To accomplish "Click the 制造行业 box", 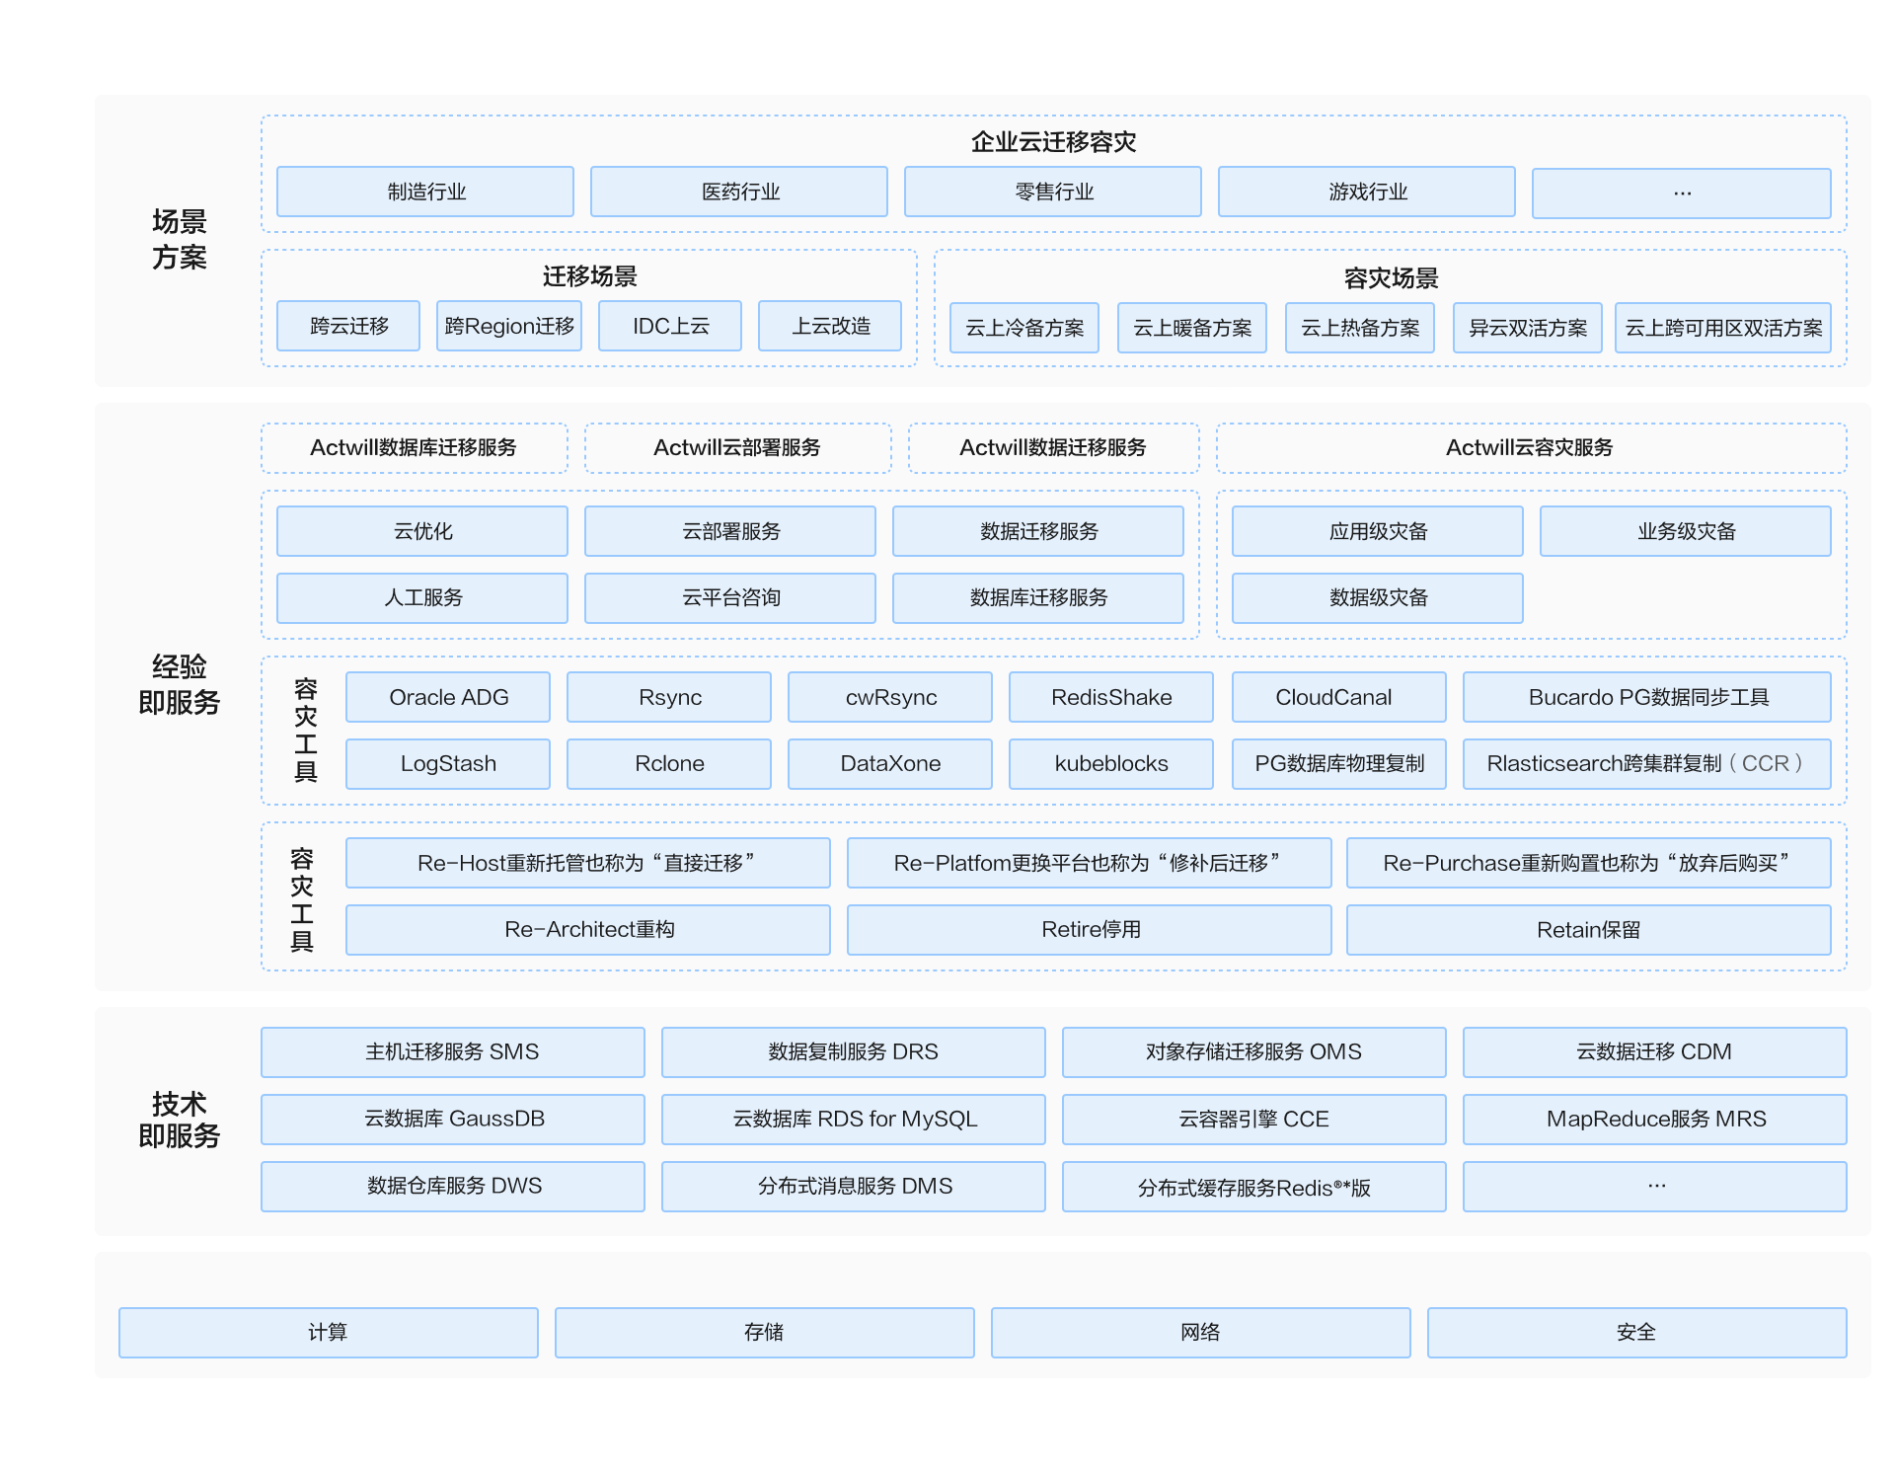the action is (x=425, y=192).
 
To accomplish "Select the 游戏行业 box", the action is (x=1367, y=192).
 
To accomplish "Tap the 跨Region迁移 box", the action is (x=509, y=326).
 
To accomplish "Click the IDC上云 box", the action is (x=670, y=326).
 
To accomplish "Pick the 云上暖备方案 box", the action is (x=1192, y=328).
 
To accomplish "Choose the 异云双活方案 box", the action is (x=1528, y=328).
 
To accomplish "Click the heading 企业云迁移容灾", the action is (x=1053, y=142).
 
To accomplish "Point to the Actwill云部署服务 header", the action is (x=737, y=448).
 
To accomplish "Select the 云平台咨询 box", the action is (x=730, y=598).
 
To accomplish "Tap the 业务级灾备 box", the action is (x=1686, y=531).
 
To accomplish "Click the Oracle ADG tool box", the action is (x=448, y=697).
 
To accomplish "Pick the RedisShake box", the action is (x=1111, y=697).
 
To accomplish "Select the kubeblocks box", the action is (x=1111, y=764).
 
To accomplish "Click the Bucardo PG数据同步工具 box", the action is (x=1647, y=697).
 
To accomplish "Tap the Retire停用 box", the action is (x=1090, y=930).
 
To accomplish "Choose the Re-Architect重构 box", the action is (x=588, y=930).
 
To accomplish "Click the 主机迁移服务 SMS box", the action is (x=453, y=1052).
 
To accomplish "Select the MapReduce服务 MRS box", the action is (x=1655, y=1120).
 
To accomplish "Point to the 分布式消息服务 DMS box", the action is (x=854, y=1187).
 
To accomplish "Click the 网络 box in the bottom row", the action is (x=1201, y=1333).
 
